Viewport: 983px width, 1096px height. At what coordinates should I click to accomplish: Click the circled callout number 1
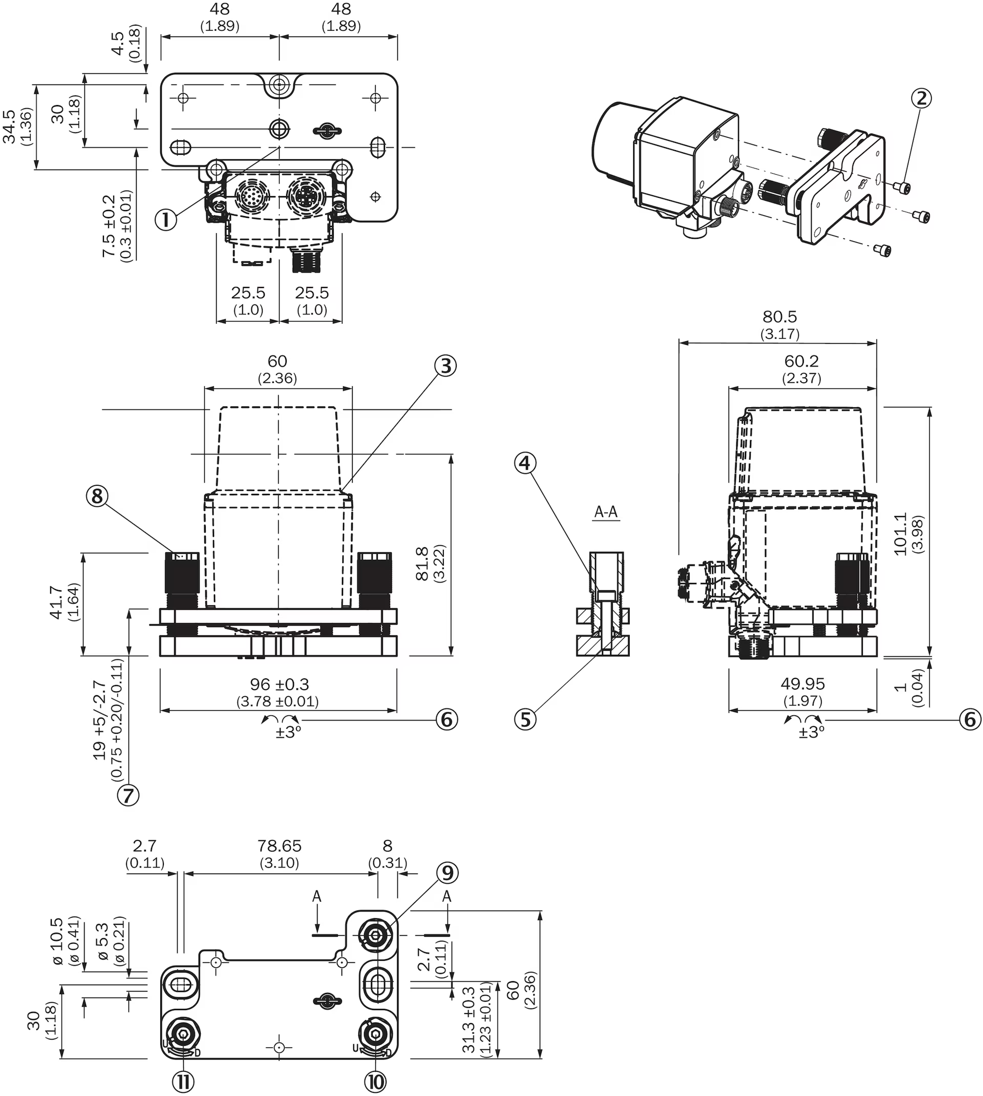(166, 220)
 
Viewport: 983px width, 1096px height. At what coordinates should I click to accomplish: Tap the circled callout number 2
(922, 98)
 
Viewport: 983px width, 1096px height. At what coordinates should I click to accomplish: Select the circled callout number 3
(445, 366)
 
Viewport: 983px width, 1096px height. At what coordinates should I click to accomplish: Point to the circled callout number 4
(525, 463)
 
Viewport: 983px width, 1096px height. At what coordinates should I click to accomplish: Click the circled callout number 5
(525, 719)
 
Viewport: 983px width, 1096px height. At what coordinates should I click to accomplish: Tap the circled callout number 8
(97, 495)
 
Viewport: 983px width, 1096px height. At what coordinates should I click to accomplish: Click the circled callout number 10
(375, 1082)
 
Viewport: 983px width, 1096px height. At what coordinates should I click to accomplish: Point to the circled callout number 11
(183, 1082)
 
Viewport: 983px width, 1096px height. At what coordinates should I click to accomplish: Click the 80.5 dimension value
(779, 317)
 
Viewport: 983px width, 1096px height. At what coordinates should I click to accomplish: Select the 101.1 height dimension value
(901, 534)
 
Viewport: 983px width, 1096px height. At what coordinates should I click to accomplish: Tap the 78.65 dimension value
(279, 846)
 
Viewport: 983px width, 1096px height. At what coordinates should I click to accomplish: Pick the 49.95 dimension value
(803, 684)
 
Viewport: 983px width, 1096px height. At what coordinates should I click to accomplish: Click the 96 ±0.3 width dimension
(279, 685)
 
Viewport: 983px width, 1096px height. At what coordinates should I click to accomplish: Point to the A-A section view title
(606, 512)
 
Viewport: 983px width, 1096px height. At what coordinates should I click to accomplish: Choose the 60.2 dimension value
(802, 361)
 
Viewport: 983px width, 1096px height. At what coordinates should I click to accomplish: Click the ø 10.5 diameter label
(57, 941)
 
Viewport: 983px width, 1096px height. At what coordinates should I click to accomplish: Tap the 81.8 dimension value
(422, 563)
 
